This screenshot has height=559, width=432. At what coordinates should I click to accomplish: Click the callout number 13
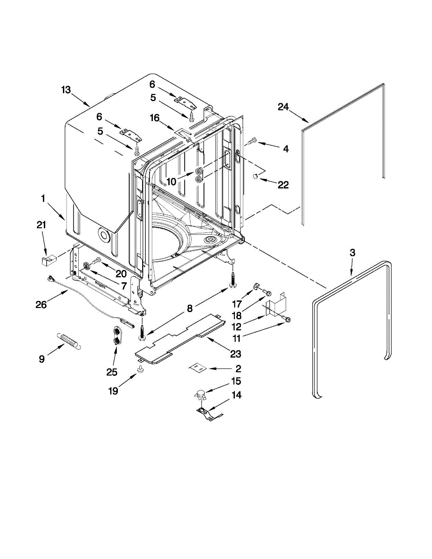[x=66, y=90]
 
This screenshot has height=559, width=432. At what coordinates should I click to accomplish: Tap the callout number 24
[x=284, y=107]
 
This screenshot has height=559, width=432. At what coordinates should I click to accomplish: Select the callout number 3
[x=352, y=253]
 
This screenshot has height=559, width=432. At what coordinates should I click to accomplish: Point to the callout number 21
[x=42, y=225]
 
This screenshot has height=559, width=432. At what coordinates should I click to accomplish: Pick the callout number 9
[x=42, y=359]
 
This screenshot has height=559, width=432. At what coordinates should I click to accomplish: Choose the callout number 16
[x=155, y=119]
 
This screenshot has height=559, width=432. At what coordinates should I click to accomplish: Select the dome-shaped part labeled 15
[x=201, y=395]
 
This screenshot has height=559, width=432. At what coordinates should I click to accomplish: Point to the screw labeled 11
[x=287, y=319]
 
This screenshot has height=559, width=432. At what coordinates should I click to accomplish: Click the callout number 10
[x=171, y=181]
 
